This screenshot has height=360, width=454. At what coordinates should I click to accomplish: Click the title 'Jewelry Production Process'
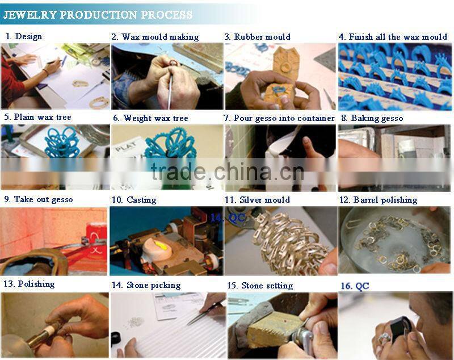98,15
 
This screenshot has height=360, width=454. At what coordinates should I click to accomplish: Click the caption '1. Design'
24,36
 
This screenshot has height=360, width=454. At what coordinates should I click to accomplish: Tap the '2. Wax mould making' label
155,37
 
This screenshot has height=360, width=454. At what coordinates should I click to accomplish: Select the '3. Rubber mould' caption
258,37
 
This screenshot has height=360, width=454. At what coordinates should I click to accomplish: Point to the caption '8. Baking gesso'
372,118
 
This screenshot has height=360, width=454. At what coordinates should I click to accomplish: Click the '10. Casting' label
134,200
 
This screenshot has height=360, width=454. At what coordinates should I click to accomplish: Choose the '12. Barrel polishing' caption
379,200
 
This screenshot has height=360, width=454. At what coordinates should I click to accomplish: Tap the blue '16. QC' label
355,286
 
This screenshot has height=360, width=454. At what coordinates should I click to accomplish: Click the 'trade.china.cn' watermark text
228,171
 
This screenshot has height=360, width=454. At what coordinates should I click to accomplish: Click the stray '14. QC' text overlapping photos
228,217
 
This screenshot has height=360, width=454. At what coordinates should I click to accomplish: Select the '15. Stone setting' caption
260,286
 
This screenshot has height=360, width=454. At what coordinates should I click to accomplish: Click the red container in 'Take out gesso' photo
96,237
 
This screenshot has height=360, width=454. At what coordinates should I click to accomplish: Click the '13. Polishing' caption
30,284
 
